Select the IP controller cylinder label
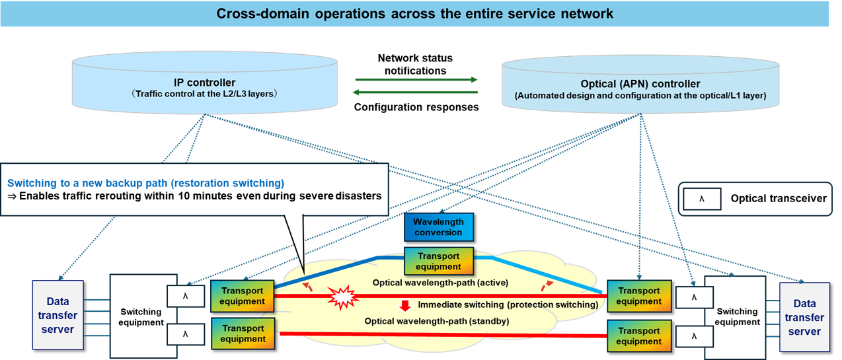point(205,83)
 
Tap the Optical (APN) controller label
point(640,84)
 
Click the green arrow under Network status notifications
point(416,80)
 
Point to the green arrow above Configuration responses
point(416,94)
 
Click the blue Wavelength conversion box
point(439,227)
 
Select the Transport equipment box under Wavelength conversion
point(439,262)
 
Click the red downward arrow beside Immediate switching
point(405,306)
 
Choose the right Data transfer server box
point(804,317)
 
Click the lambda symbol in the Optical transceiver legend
point(701,198)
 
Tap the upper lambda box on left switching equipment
point(186,296)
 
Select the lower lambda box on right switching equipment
point(694,336)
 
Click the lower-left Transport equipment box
point(243,334)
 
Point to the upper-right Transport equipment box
point(639,296)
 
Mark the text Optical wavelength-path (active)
point(440,283)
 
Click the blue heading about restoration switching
point(145,182)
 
